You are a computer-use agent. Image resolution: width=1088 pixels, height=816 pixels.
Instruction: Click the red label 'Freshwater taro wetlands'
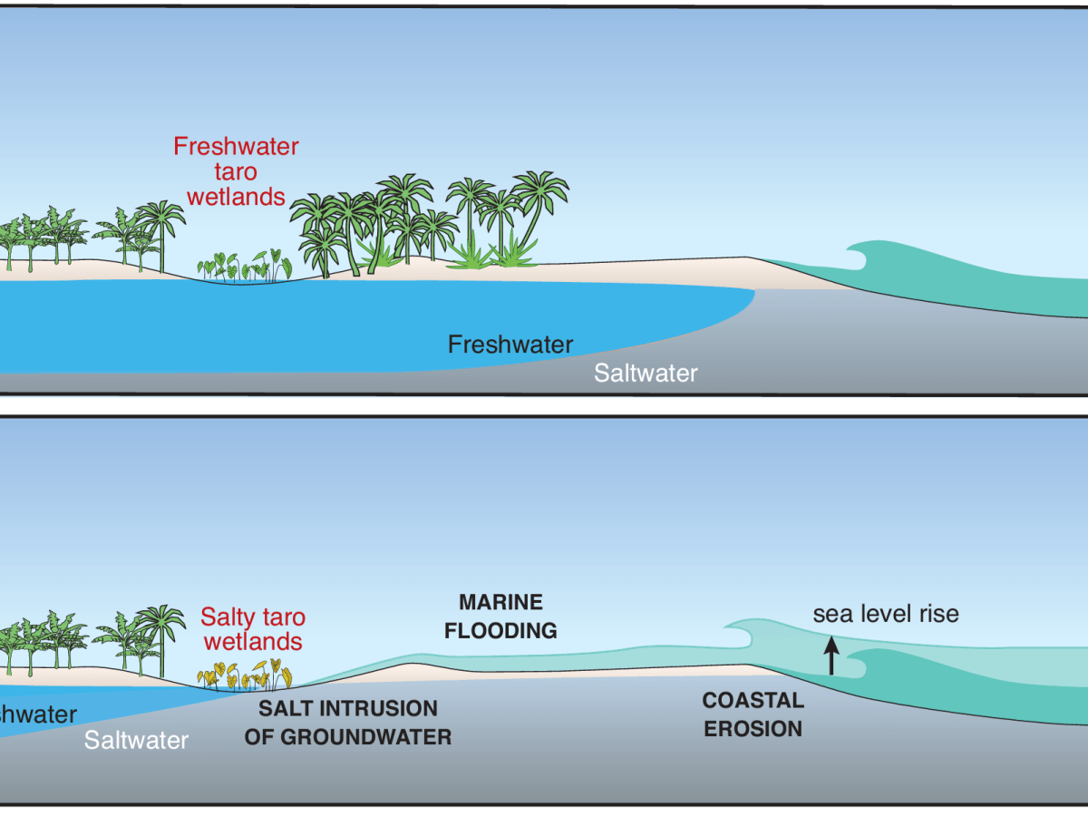(x=236, y=170)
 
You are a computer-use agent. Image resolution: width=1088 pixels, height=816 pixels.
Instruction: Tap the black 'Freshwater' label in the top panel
(x=510, y=345)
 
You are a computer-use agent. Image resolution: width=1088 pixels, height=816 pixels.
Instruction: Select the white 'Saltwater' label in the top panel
(x=646, y=373)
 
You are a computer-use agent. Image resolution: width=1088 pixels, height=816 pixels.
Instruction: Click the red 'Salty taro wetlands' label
(x=253, y=629)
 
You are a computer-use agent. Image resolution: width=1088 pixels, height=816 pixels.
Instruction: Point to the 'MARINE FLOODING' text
(x=500, y=616)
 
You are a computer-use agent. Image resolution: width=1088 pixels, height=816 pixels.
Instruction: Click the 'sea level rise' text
(x=885, y=614)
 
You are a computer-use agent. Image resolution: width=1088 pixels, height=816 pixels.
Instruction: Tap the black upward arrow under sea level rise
(x=831, y=656)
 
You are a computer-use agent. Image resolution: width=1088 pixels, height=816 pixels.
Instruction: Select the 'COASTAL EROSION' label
(x=753, y=714)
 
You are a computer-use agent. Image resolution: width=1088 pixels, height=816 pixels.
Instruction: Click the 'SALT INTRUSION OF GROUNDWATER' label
(x=347, y=722)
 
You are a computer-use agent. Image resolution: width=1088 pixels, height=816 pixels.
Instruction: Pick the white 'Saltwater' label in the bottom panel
(x=136, y=740)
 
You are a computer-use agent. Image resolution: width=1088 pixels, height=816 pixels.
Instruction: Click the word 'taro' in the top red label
(x=236, y=170)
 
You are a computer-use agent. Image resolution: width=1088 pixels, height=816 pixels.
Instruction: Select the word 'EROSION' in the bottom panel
(x=753, y=728)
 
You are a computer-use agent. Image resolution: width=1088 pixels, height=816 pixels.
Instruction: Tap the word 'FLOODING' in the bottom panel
(x=500, y=630)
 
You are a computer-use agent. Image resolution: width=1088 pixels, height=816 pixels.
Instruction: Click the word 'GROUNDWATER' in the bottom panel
(x=347, y=736)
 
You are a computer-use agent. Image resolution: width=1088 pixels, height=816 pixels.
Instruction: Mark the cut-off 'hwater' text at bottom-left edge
(x=38, y=714)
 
